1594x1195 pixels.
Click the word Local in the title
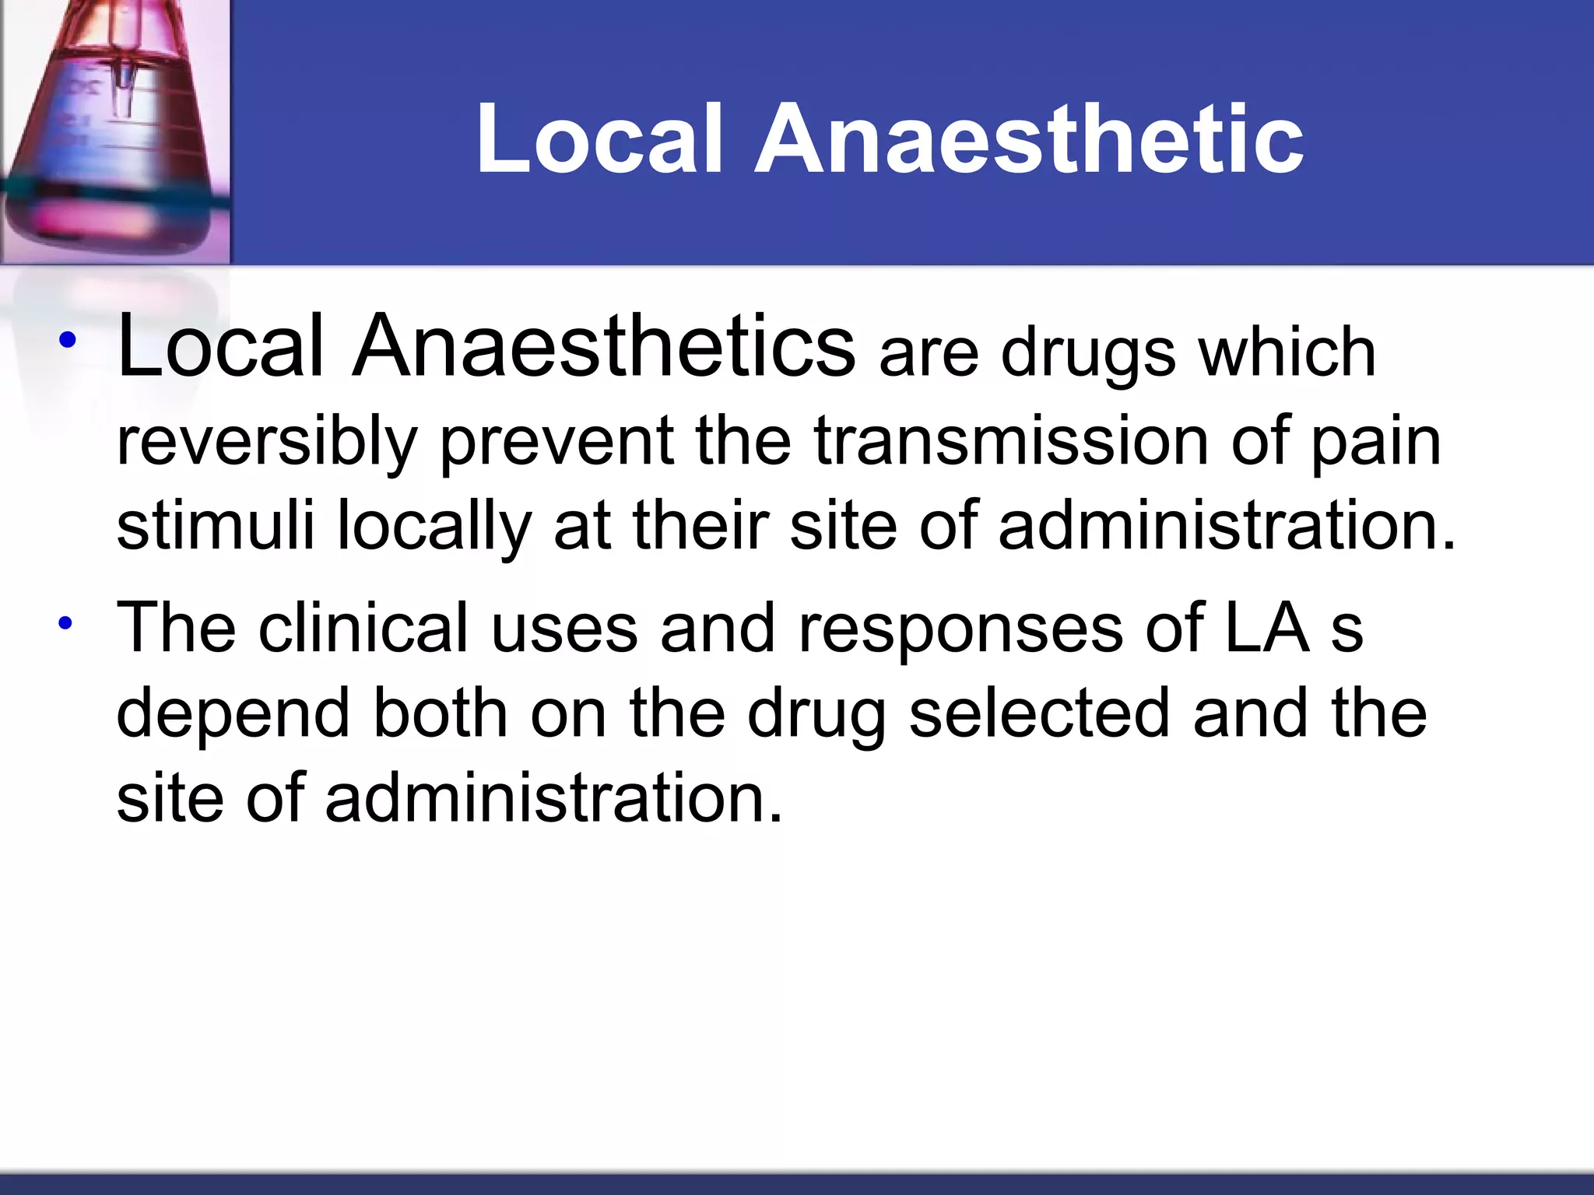click(599, 140)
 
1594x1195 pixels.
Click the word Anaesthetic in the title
click(1029, 140)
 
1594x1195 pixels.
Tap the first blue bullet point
click(68, 339)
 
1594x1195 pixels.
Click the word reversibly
click(267, 442)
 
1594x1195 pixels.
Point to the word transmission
click(1012, 442)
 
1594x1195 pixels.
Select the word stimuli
click(215, 527)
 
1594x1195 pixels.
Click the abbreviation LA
click(1267, 628)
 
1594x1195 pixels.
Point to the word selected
click(1040, 713)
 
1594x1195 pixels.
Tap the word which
click(1287, 354)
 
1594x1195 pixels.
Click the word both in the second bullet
click(440, 713)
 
